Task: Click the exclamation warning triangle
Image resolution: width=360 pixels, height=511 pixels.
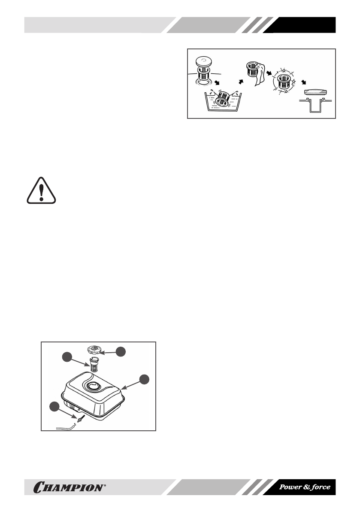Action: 41,190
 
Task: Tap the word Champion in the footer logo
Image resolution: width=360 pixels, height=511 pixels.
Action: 68,487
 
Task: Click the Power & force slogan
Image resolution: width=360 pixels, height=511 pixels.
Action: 305,487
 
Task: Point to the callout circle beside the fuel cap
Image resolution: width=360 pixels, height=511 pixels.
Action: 121,351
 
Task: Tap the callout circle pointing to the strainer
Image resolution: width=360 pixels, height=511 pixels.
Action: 67,357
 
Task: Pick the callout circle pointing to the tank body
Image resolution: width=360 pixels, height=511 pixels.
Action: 145,379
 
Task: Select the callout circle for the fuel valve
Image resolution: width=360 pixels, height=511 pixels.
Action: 54,406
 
